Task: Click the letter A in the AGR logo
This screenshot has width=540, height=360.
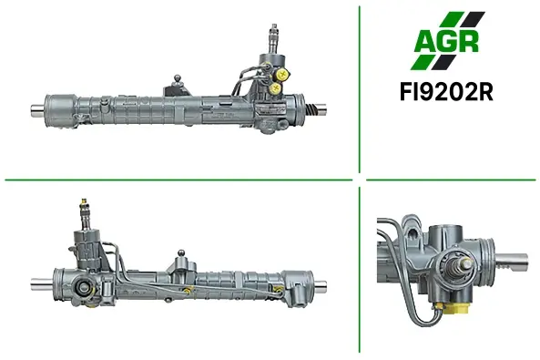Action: [425, 41]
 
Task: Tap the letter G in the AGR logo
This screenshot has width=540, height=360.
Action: [447, 41]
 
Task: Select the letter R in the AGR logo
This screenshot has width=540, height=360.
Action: [468, 41]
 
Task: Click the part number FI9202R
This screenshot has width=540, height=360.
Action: [446, 92]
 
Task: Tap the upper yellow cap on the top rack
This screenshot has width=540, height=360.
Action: [282, 73]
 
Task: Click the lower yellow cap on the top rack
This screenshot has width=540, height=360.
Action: [276, 88]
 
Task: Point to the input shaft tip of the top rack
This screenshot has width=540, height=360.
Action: [274, 27]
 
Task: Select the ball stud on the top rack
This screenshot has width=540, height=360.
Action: [178, 78]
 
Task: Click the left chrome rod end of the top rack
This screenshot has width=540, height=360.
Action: [37, 110]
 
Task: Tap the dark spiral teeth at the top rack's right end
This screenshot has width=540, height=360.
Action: [311, 110]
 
